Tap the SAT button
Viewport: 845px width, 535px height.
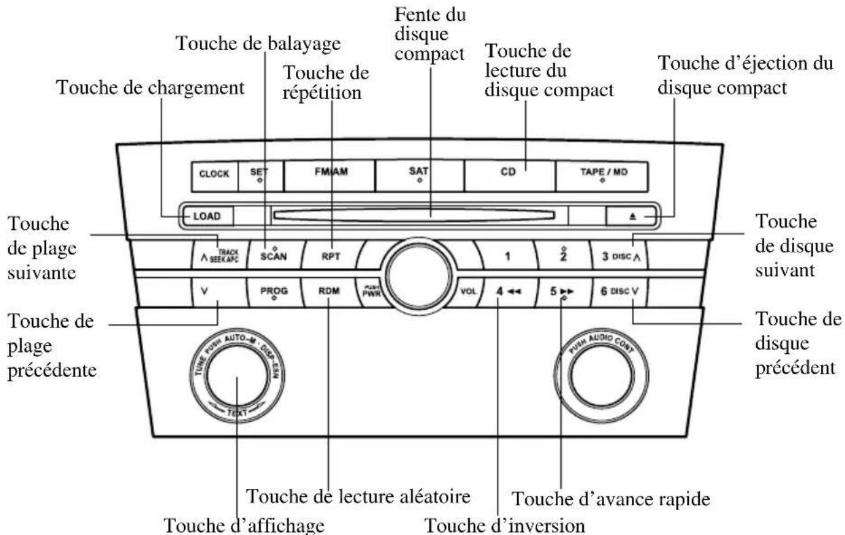coord(419,174)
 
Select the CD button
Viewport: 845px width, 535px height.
coord(509,174)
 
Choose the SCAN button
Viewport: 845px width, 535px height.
coord(274,257)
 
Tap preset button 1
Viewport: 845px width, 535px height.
coord(505,257)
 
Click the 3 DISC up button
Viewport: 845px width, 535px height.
coord(619,257)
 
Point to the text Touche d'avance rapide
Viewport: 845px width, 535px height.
coord(610,500)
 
